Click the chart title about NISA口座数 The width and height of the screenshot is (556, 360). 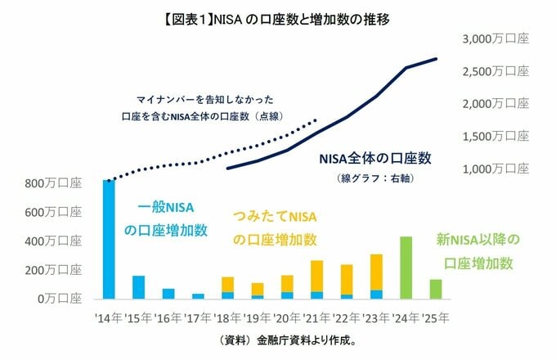277,17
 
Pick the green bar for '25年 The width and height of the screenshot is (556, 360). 436,289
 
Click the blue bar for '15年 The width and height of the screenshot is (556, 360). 138,287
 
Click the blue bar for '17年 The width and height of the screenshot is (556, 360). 198,296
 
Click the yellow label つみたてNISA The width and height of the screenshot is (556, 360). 273,215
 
